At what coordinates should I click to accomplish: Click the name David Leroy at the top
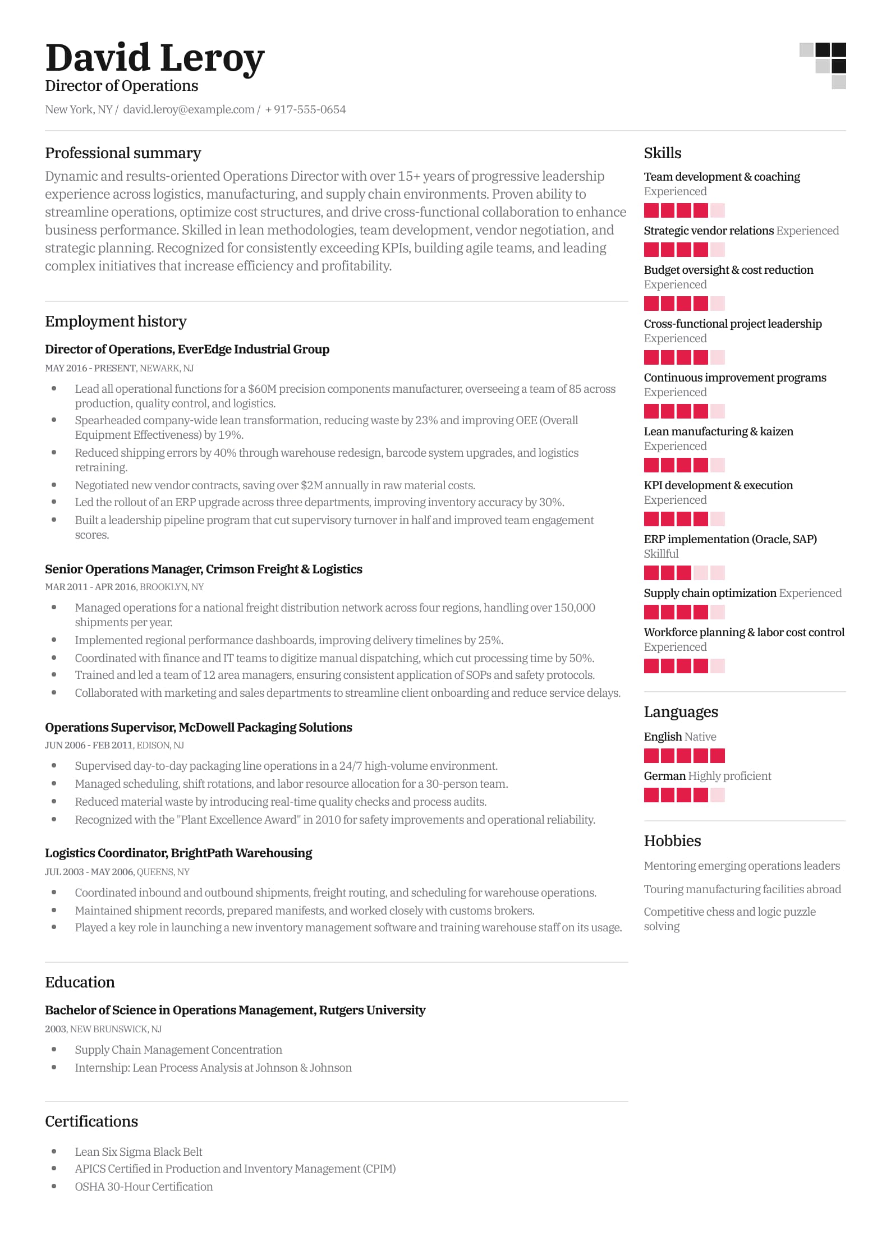click(x=154, y=58)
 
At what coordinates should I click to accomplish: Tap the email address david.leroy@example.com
click(x=189, y=109)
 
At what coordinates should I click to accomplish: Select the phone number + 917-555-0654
click(x=305, y=109)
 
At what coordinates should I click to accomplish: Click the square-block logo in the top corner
click(x=823, y=65)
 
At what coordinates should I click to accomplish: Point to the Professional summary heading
click(x=123, y=153)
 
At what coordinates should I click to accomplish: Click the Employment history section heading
click(x=116, y=321)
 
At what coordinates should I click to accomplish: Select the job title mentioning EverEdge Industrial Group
click(x=187, y=349)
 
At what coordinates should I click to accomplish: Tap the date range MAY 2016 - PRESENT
click(x=90, y=368)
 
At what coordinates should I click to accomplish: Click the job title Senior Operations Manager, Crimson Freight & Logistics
click(x=203, y=569)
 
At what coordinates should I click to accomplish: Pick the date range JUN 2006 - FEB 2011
click(x=89, y=745)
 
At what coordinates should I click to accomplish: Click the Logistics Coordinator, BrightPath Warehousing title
click(x=178, y=853)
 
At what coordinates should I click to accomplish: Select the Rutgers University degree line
click(x=235, y=1010)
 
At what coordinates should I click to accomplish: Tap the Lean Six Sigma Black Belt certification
click(x=139, y=1152)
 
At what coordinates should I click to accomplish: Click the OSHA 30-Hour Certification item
click(x=144, y=1187)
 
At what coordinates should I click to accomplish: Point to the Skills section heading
click(x=663, y=153)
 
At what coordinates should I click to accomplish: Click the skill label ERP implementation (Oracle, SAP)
click(x=730, y=539)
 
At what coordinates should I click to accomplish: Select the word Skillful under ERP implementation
click(x=661, y=554)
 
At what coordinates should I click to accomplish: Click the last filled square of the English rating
click(x=717, y=756)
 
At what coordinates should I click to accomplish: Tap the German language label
click(x=665, y=776)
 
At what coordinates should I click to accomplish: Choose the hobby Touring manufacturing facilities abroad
click(x=742, y=889)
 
